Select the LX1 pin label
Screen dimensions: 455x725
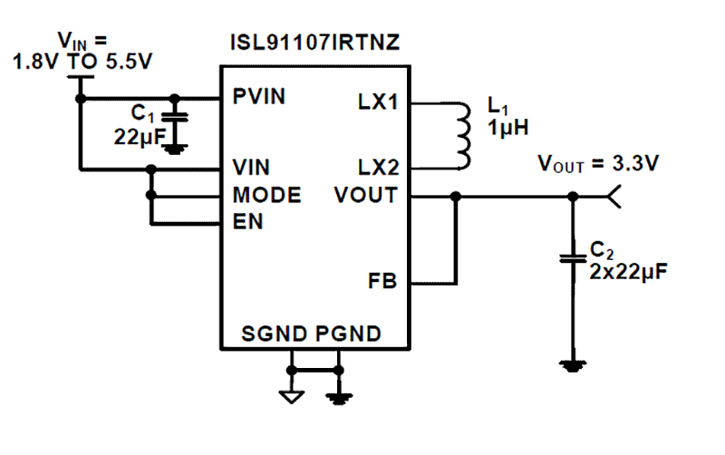378,101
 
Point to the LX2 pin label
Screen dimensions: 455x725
378,168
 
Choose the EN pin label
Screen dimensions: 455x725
247,221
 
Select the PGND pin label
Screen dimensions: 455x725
348,333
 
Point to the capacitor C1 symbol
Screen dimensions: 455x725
178,117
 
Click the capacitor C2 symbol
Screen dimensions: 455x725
572,258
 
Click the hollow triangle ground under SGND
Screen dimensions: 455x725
292,395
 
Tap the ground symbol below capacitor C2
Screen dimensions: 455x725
572,365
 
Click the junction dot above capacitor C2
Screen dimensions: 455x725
572,196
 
